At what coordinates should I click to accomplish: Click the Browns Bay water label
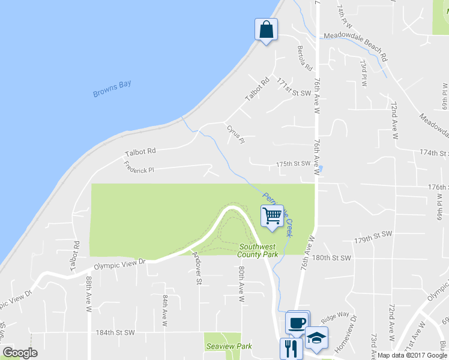pos(112,89)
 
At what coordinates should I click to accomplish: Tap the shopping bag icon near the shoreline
pos(266,29)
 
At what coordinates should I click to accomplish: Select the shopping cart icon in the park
pos(273,215)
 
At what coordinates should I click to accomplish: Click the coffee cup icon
pos(297,323)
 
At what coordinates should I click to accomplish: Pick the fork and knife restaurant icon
pos(291,348)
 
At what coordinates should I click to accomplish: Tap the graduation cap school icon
pos(316,338)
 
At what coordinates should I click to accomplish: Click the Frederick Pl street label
pos(139,167)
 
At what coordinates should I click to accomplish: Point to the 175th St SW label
pos(293,163)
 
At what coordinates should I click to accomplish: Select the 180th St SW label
pos(331,258)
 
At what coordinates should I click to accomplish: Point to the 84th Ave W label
pos(165,310)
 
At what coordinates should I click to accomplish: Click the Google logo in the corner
pos(20,352)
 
